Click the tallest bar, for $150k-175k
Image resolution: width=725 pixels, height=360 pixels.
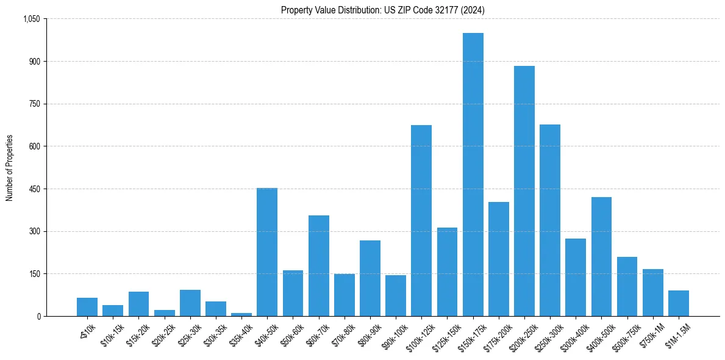click(x=473, y=175)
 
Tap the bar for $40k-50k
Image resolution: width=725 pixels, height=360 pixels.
click(x=267, y=252)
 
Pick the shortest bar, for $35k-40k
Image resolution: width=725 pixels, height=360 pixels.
click(x=241, y=314)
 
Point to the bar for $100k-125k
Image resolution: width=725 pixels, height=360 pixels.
click(x=421, y=220)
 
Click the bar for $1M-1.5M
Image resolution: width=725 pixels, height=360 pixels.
click(x=679, y=303)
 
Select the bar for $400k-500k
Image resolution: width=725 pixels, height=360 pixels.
click(x=601, y=256)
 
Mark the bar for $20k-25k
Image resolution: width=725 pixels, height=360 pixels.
click(x=164, y=313)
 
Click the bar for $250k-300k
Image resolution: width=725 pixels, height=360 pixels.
click(x=550, y=220)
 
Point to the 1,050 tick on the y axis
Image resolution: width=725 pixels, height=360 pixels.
click(x=31, y=19)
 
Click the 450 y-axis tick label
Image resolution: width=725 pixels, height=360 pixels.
click(x=34, y=189)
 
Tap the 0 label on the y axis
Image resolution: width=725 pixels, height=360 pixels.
click(x=38, y=316)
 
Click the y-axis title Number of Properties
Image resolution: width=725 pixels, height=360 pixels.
click(x=9, y=168)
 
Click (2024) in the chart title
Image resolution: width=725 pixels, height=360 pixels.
click(x=473, y=10)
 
